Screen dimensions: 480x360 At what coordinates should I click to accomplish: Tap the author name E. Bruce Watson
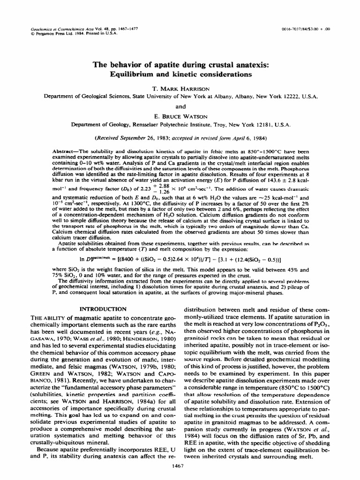(180, 117)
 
